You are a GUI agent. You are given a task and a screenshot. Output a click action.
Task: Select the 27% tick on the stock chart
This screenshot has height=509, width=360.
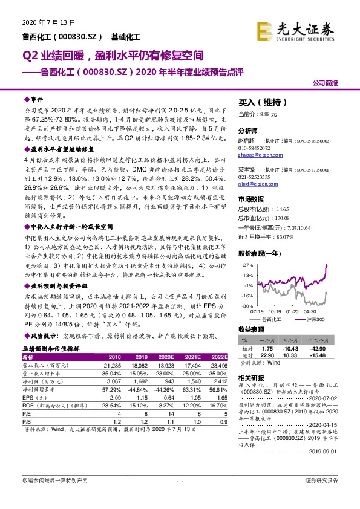click(x=247, y=265)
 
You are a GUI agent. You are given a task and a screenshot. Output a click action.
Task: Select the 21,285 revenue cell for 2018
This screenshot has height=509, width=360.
click(x=112, y=365)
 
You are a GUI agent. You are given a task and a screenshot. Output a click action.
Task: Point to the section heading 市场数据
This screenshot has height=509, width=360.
click(x=252, y=199)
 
